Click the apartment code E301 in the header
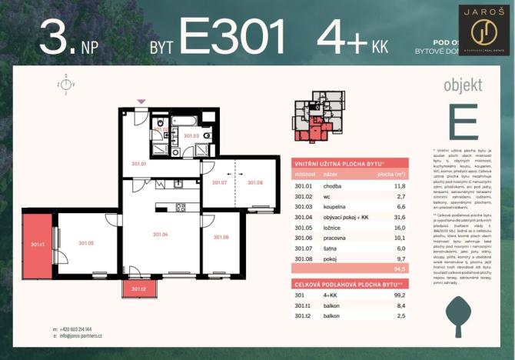232,36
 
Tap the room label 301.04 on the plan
161,234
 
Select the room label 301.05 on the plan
85,243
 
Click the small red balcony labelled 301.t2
139,289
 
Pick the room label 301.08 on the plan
255,182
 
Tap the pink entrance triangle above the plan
140,102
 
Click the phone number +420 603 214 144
74,328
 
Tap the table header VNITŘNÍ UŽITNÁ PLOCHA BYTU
340,165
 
